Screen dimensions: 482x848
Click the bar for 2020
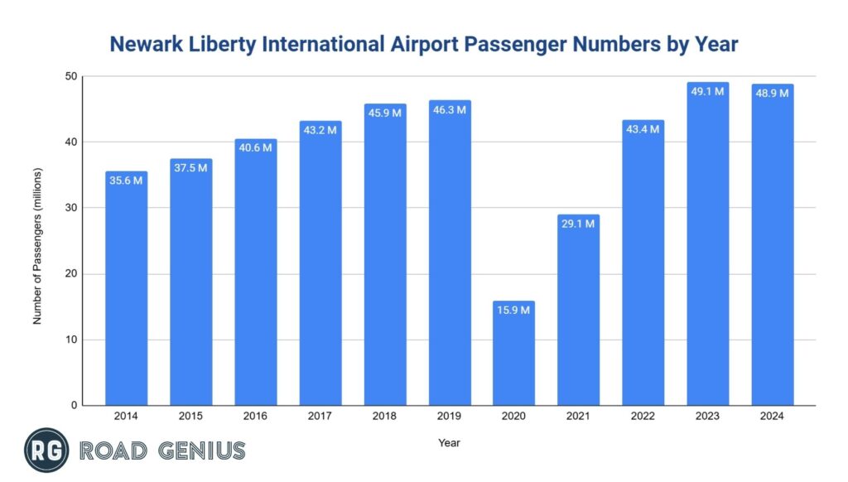click(514, 356)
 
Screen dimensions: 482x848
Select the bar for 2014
click(126, 290)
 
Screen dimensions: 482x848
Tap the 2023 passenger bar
click(708, 248)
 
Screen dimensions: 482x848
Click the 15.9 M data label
click(514, 310)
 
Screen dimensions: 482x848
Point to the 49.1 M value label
click(708, 91)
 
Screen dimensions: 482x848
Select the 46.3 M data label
click(450, 109)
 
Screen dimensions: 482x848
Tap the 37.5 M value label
click(190, 167)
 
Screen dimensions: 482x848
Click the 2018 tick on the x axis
click(385, 417)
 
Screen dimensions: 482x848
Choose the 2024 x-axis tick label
click(773, 417)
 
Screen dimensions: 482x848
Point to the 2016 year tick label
click(255, 417)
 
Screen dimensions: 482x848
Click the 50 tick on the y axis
click(71, 77)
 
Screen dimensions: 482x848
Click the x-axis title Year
click(449, 443)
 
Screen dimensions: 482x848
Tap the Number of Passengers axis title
click(37, 246)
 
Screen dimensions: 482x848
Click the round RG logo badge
click(46, 451)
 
